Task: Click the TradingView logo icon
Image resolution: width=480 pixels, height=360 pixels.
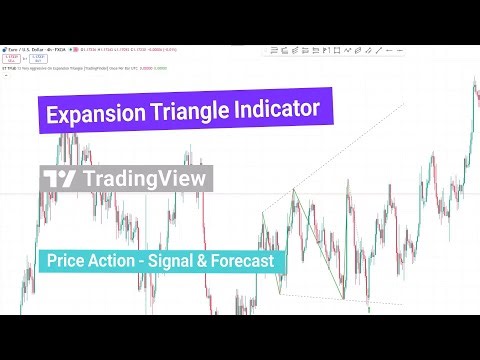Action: coord(60,179)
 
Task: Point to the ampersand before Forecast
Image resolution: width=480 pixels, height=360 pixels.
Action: coord(210,261)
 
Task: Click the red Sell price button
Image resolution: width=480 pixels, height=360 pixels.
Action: coord(11,59)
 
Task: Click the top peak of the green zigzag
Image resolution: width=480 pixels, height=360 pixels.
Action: coord(293,189)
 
